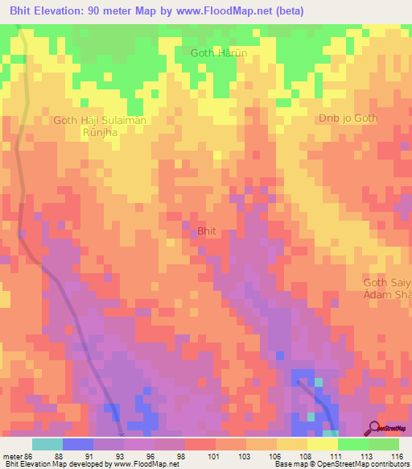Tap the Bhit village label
pyautogui.click(x=207, y=230)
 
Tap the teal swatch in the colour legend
pyautogui.click(x=47, y=444)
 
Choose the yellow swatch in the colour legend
pyautogui.click(x=322, y=444)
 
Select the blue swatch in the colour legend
pyautogui.click(x=77, y=444)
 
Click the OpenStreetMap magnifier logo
pyautogui.click(x=374, y=428)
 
